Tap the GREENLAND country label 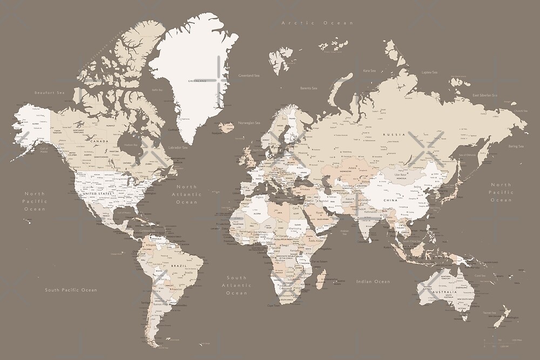click(x=197, y=81)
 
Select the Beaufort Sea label click(x=49, y=93)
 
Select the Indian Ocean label click(x=373, y=282)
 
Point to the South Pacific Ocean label click(x=71, y=290)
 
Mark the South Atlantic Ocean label click(x=236, y=286)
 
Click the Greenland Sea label click(x=249, y=76)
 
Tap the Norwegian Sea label click(x=249, y=123)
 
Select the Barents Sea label click(x=308, y=88)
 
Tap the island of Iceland click(x=226, y=127)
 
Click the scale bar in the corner click(x=502, y=343)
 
